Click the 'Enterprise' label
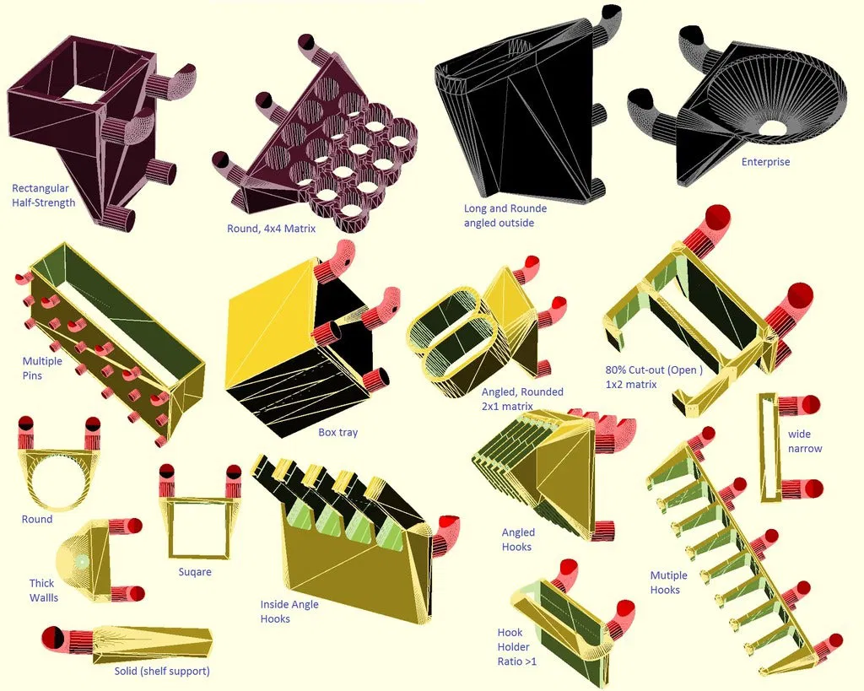(765, 161)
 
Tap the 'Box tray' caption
(337, 433)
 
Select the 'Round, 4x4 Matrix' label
(271, 228)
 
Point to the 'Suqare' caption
(195, 572)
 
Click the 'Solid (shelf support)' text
(162, 671)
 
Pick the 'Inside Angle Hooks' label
(289, 611)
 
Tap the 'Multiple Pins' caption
(42, 368)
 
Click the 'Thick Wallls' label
(43, 590)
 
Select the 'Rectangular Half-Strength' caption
(44, 195)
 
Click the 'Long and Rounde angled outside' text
(505, 215)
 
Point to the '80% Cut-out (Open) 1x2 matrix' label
(654, 377)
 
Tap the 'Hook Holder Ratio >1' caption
(516, 647)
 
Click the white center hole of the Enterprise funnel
(772, 127)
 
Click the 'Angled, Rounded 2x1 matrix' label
(521, 399)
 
